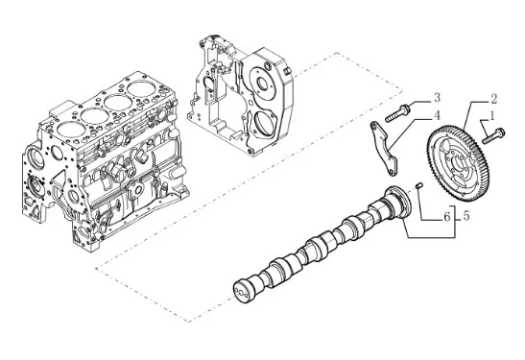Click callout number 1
click(491, 116)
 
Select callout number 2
click(492, 99)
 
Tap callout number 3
click(437, 98)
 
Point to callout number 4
click(437, 115)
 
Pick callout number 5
click(466, 216)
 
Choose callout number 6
click(447, 217)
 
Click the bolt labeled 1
click(493, 135)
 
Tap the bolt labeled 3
click(397, 113)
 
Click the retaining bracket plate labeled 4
click(384, 148)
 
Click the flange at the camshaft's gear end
click(399, 202)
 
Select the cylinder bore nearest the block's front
click(69, 128)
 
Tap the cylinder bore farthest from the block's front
click(141, 88)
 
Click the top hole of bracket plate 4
click(373, 126)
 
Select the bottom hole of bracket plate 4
click(391, 172)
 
